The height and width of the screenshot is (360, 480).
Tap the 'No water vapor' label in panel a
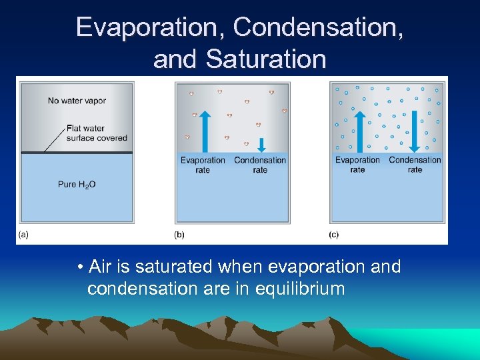77,101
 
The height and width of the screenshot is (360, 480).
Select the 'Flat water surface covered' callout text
96,133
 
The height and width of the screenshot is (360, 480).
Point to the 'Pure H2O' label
77,184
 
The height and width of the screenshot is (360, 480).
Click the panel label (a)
23,234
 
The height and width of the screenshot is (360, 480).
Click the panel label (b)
179,234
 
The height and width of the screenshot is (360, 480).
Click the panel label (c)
334,234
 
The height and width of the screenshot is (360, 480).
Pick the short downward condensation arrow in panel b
261,145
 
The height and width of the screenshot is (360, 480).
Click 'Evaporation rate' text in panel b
203,165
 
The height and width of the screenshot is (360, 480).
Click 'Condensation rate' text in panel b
260,165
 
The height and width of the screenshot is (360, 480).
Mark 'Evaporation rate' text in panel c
357,165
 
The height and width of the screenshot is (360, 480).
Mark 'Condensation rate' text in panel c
415,165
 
